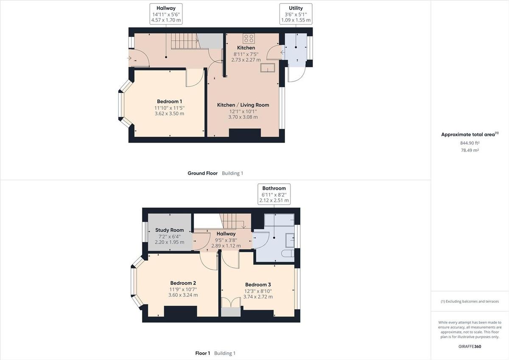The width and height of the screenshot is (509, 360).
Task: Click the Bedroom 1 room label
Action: [x=169, y=101]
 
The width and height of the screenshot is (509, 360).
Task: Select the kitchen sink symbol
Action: [x=268, y=68]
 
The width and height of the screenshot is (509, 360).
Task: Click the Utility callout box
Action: [x=296, y=14]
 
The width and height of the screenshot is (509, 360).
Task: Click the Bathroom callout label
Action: [x=274, y=194]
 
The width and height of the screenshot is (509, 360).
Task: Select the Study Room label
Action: [x=169, y=230]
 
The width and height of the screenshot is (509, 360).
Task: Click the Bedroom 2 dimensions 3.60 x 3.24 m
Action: [x=183, y=295]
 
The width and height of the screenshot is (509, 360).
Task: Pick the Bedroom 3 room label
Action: [x=258, y=285]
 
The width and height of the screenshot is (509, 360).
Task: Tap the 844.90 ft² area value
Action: [x=470, y=143]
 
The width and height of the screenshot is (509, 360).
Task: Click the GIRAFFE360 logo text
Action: [x=470, y=346]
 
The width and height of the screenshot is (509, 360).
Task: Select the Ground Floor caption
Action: [x=203, y=173]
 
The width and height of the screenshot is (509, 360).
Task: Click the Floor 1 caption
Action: [x=202, y=353]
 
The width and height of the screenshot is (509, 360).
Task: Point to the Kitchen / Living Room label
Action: [x=243, y=105]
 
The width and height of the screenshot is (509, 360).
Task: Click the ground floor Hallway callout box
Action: [x=166, y=14]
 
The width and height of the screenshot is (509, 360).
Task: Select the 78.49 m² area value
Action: [x=470, y=150]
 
